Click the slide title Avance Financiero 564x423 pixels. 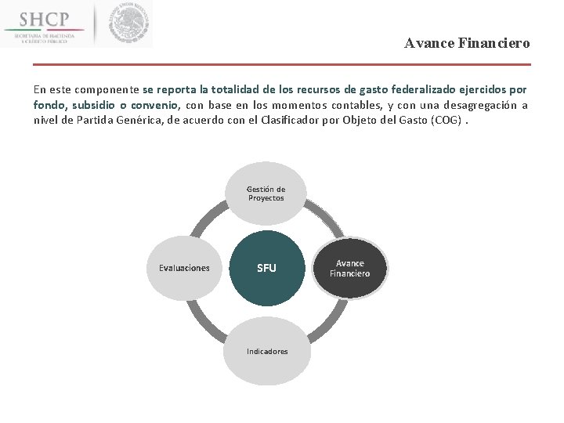pyautogui.click(x=467, y=44)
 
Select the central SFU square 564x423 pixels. pyautogui.click(x=266, y=268)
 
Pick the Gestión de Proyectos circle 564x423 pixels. pyautogui.click(x=266, y=193)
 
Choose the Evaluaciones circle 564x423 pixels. pyautogui.click(x=184, y=268)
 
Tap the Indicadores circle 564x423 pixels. pyautogui.click(x=266, y=351)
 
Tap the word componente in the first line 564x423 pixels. pyautogui.click(x=107, y=90)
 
